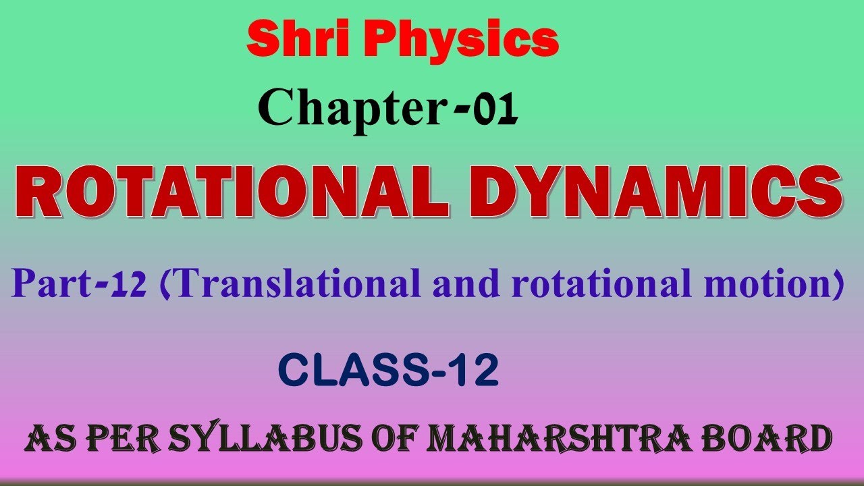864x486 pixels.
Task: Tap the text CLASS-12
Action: pyautogui.click(x=388, y=371)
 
